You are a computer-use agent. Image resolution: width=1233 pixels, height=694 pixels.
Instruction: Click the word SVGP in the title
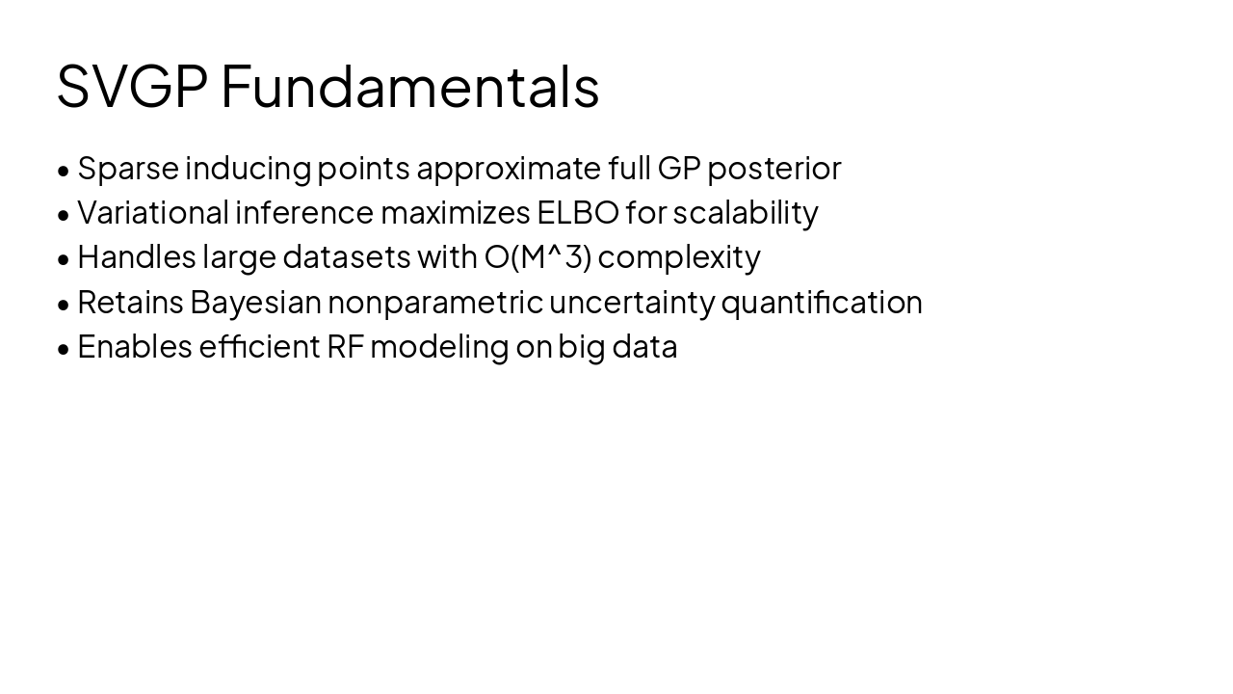click(133, 87)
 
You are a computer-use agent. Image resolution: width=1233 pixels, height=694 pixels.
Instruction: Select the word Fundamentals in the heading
click(410, 87)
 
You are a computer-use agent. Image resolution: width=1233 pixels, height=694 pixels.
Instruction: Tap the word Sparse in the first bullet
click(128, 169)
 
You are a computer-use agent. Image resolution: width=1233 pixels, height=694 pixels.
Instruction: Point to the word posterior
click(774, 169)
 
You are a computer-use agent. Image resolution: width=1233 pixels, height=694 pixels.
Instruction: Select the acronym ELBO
click(578, 213)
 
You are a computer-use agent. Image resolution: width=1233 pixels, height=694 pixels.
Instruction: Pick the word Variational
click(153, 213)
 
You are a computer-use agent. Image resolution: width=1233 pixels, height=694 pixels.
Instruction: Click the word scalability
click(746, 214)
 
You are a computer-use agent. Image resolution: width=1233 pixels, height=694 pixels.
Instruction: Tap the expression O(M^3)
click(538, 257)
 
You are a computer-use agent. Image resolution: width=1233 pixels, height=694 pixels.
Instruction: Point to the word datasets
click(347, 257)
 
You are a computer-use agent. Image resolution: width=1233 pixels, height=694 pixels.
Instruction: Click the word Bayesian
click(255, 303)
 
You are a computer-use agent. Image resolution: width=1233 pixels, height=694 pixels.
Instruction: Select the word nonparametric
click(435, 304)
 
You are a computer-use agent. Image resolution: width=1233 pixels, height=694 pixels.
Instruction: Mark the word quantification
click(822, 303)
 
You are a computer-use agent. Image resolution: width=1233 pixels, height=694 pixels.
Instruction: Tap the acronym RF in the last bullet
click(345, 347)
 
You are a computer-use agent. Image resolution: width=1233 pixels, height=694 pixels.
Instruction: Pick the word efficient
click(259, 346)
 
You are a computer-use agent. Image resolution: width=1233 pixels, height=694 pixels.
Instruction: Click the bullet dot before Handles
click(64, 259)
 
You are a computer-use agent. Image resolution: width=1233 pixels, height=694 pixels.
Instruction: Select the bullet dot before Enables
click(64, 349)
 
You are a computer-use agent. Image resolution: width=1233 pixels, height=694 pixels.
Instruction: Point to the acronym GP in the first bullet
click(679, 169)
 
